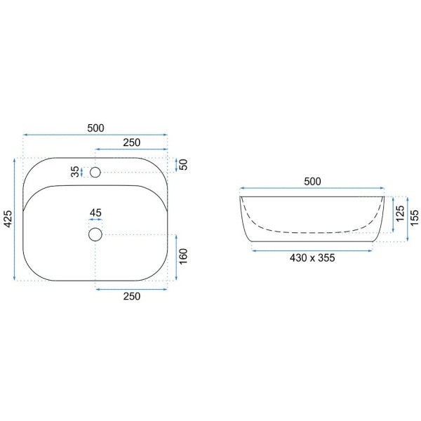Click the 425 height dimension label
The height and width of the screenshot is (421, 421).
point(8,219)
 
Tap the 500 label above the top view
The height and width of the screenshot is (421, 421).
point(95,128)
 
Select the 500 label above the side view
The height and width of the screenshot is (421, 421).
point(312,182)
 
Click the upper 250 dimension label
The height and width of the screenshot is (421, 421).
point(132,142)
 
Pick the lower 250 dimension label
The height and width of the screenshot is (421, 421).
point(132,296)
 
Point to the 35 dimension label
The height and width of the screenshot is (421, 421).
point(76,172)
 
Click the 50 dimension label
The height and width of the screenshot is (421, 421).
point(183,165)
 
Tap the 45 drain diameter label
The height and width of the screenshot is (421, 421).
point(95,213)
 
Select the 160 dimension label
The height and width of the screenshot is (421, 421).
point(183,256)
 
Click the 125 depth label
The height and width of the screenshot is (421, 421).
point(400,213)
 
